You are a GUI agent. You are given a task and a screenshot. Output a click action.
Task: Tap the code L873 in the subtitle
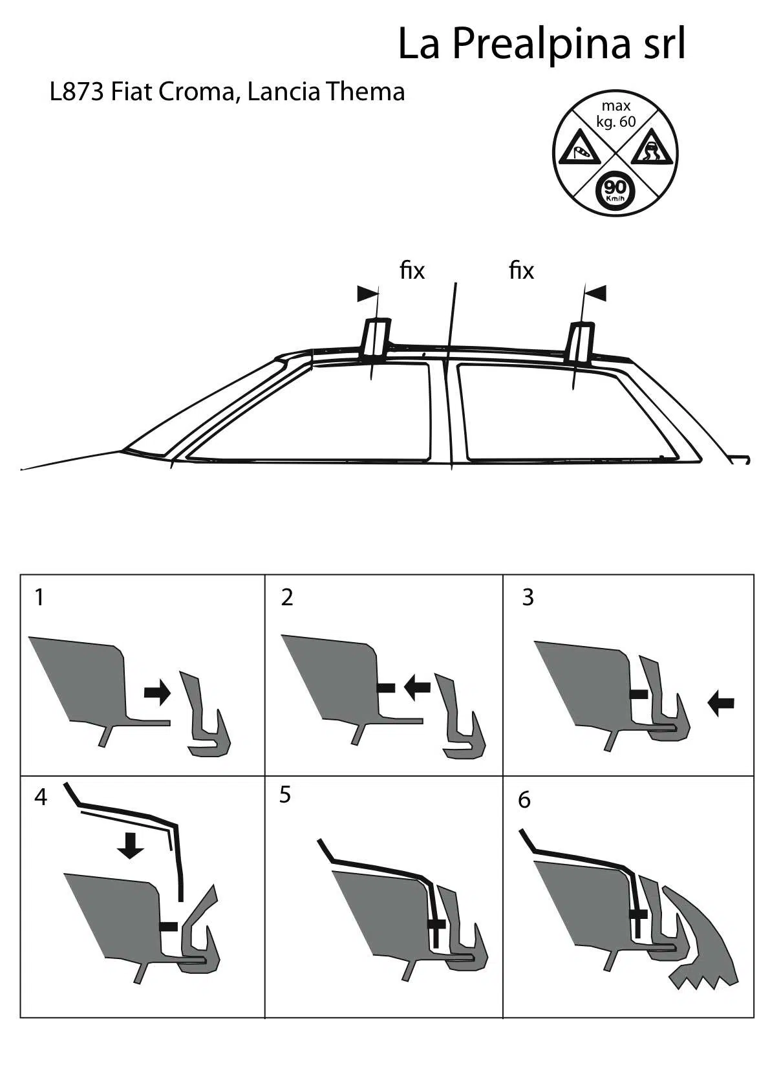[x=77, y=91]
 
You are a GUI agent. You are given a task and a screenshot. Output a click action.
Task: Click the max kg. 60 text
[x=616, y=113]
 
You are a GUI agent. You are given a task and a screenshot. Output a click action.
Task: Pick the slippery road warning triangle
[x=652, y=150]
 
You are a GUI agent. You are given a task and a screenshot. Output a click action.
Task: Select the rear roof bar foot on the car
[x=581, y=343]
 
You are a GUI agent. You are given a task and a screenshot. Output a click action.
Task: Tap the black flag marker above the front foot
[x=367, y=293]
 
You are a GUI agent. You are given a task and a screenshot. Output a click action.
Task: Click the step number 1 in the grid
[x=40, y=598]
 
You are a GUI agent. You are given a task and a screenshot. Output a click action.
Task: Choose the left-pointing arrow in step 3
[x=721, y=704]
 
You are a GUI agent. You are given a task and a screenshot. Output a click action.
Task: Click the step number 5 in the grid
[x=285, y=795]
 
